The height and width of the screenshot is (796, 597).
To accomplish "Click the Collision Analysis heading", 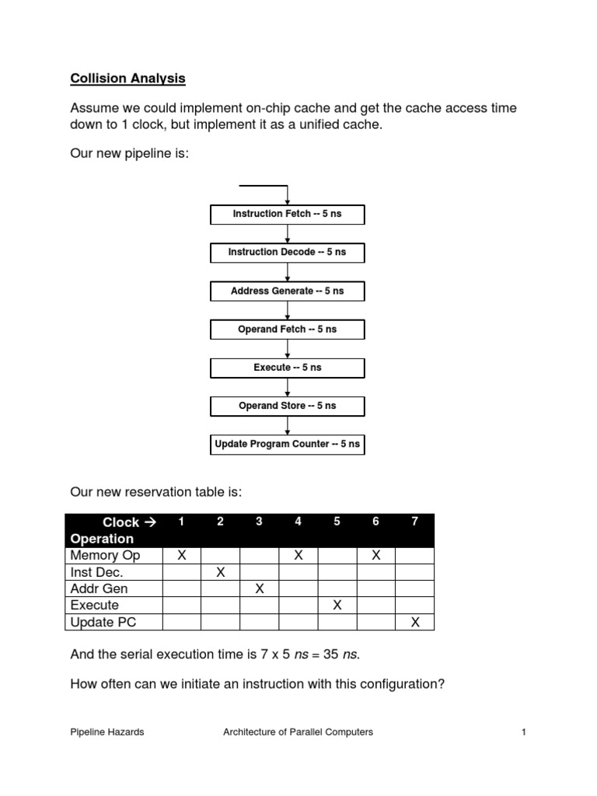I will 128,78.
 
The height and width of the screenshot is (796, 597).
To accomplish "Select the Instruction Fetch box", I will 288,214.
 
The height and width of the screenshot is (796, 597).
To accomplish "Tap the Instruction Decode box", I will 288,252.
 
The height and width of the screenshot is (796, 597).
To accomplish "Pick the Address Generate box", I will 288,291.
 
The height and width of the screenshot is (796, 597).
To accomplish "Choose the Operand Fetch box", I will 288,329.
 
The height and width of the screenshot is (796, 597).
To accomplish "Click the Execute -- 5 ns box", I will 288,368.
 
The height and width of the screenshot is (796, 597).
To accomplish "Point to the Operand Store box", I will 288,406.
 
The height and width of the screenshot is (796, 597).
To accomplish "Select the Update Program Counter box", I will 288,445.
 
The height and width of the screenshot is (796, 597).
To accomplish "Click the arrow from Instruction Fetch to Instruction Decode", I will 288,233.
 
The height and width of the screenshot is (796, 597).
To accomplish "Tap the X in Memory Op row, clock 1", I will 182,556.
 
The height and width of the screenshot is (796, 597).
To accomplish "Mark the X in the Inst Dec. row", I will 221,572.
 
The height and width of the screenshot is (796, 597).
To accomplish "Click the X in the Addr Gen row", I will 260,588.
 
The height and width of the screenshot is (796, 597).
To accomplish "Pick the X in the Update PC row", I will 415,622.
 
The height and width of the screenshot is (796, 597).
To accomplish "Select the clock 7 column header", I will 415,522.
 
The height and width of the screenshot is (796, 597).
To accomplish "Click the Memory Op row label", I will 105,556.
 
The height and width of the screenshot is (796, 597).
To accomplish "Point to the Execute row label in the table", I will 95,605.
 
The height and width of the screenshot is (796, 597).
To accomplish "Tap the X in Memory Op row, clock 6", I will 376,556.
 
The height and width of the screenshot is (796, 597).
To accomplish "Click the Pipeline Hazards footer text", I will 107,731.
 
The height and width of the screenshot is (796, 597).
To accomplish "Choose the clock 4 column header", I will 298,522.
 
